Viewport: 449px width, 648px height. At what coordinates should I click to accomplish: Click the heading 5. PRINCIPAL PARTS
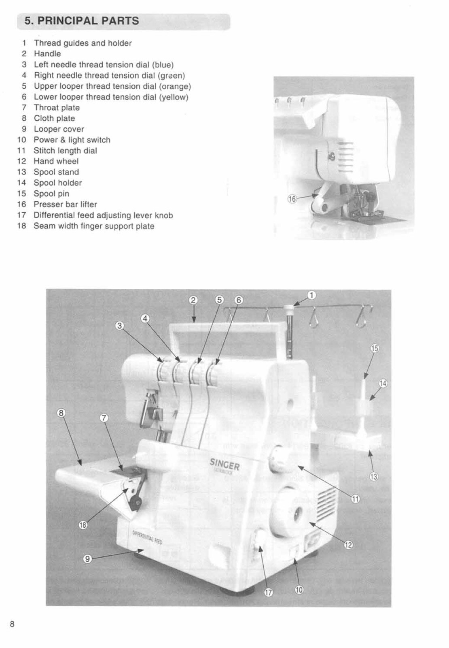coord(82,21)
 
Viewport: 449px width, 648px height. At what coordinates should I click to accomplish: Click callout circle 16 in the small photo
coord(292,198)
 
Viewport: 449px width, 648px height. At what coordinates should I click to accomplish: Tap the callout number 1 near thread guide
coord(312,296)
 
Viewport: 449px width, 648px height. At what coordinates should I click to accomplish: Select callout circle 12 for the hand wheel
coord(348,545)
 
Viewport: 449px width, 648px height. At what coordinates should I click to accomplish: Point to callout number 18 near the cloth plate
coord(83,525)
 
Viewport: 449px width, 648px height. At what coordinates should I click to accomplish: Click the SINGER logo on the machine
coord(224,464)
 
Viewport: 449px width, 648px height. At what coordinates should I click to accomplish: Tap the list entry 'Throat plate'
coord(57,108)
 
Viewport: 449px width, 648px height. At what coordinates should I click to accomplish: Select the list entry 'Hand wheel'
coord(56,161)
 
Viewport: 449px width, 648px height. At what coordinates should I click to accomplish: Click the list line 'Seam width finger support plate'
coord(94,226)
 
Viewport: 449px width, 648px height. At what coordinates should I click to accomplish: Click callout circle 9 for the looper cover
coord(87,559)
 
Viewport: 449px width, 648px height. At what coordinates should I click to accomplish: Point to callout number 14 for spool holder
coord(383,383)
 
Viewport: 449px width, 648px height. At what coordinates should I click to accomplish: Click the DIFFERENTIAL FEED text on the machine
coord(147,537)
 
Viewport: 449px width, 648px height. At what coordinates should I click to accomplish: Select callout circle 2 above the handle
coord(193,300)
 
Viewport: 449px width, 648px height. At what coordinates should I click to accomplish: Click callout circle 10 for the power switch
coord(299,590)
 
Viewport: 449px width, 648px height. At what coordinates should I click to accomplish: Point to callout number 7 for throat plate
coord(104,418)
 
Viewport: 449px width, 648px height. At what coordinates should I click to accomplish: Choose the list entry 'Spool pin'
coord(51,194)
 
